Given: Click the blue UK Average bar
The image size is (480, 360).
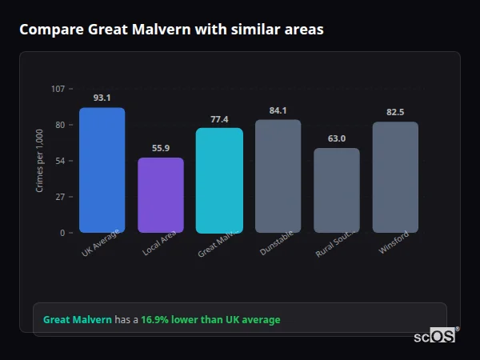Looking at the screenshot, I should click(102, 170).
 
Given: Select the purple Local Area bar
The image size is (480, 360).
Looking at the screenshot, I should click(161, 195).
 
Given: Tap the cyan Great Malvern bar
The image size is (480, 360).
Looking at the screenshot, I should click(219, 180).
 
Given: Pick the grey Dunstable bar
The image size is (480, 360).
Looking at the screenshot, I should click(278, 176).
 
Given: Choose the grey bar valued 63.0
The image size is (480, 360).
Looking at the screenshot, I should click(337, 190).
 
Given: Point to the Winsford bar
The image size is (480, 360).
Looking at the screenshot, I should click(395, 177).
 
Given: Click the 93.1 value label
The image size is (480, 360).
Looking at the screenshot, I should click(102, 98).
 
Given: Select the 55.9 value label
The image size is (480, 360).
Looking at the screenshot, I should click(161, 148).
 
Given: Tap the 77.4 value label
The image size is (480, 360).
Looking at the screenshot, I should click(219, 119).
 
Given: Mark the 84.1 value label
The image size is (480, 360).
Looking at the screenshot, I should click(278, 110).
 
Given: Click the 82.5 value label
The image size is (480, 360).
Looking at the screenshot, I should click(395, 112).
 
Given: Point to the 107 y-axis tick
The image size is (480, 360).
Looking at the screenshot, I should click(58, 89).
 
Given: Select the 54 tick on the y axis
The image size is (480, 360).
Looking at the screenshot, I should click(60, 161).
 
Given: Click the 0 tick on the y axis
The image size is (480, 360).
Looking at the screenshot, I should click(62, 233).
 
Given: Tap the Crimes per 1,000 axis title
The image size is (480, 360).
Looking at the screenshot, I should click(40, 160).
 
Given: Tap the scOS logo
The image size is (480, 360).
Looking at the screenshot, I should click(434, 336).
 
